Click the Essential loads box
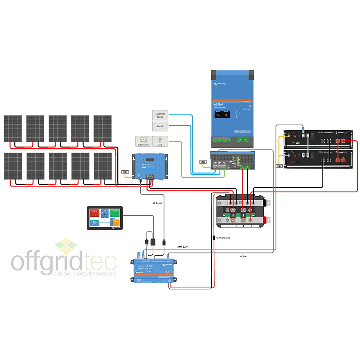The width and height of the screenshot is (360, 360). point(160,115)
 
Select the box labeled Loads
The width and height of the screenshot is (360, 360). point(160,126)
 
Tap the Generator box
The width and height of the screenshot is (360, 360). point(143,141)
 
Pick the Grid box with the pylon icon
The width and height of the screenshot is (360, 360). point(160,141)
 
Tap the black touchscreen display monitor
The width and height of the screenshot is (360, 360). point(105,218)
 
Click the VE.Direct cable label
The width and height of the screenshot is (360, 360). point(158,203)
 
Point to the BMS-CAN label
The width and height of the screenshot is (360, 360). point(183,247)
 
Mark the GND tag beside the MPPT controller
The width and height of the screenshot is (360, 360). point(125,172)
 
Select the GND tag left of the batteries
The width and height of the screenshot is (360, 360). point(279,166)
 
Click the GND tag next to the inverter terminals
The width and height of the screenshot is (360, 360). point(203,162)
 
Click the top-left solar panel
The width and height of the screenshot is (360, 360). point(13,129)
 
